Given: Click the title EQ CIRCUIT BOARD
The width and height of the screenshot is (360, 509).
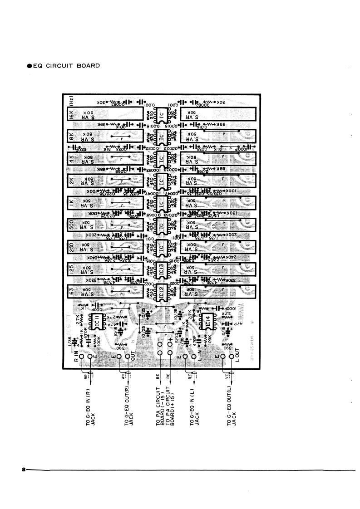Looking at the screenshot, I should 64,66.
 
